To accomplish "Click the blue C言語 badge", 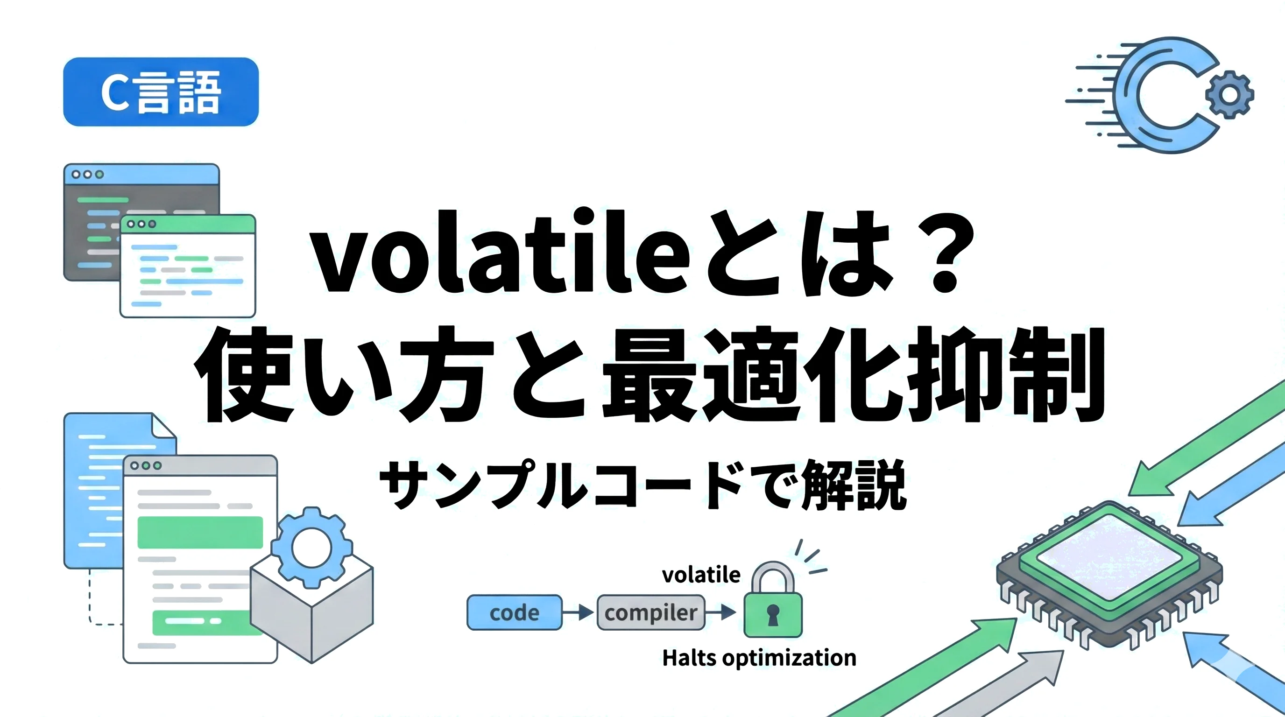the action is click(161, 92).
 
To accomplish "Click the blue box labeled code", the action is click(514, 612).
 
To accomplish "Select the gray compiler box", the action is click(650, 612).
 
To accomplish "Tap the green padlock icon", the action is click(773, 599).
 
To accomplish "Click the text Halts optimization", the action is click(759, 658).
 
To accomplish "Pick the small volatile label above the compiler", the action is click(701, 575).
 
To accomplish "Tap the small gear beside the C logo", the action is click(1229, 95).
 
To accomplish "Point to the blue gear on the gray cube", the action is click(311, 548).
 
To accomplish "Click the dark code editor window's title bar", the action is click(141, 175).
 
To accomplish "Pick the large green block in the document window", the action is click(200, 533).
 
